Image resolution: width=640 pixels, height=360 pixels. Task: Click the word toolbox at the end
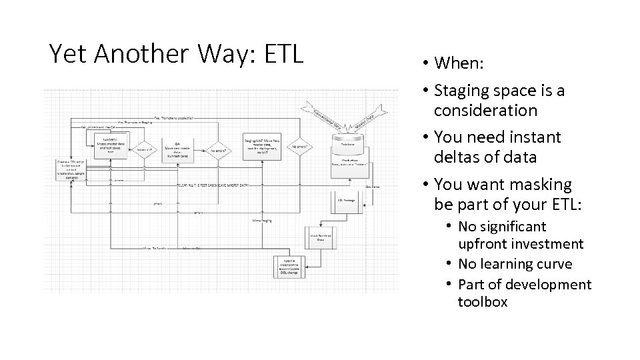(x=483, y=302)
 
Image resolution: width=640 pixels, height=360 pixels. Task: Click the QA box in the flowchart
(x=177, y=149)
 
